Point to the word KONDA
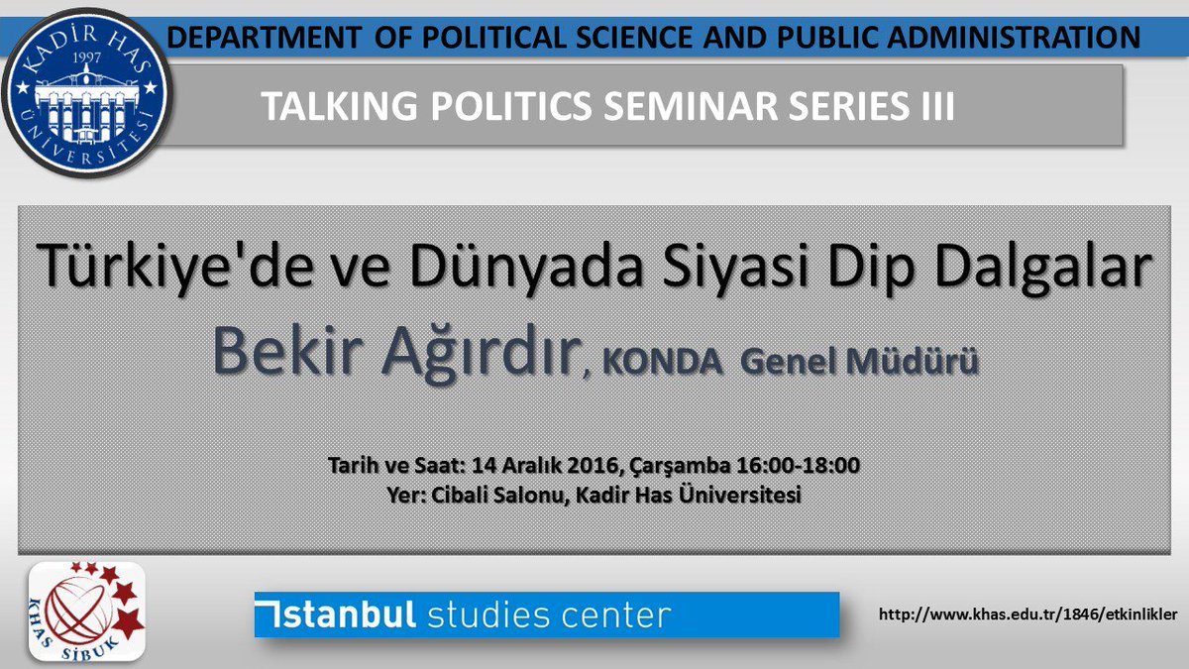[x=661, y=363]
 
